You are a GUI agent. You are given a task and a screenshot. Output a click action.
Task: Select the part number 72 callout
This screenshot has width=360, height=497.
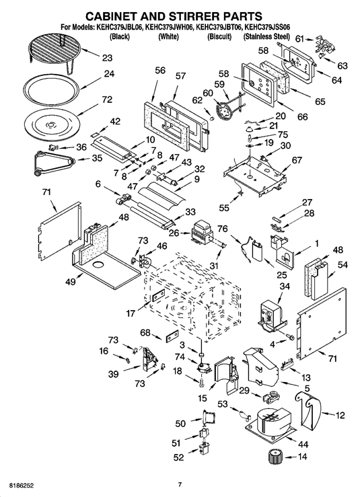tap(107, 100)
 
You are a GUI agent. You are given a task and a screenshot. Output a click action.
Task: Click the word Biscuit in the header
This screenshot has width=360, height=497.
tap(219, 37)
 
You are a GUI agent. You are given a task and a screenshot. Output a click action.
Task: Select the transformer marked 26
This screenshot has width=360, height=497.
tap(203, 231)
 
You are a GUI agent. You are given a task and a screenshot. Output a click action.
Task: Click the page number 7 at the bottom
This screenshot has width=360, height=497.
tap(180, 485)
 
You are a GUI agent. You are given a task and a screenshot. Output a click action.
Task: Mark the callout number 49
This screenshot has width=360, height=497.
tap(71, 282)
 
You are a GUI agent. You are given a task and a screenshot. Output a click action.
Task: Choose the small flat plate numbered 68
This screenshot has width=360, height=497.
tap(172, 336)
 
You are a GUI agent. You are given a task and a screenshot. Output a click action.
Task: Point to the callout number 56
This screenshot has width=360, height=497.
tap(160, 71)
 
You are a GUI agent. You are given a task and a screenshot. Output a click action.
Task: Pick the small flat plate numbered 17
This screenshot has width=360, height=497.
tap(157, 295)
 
